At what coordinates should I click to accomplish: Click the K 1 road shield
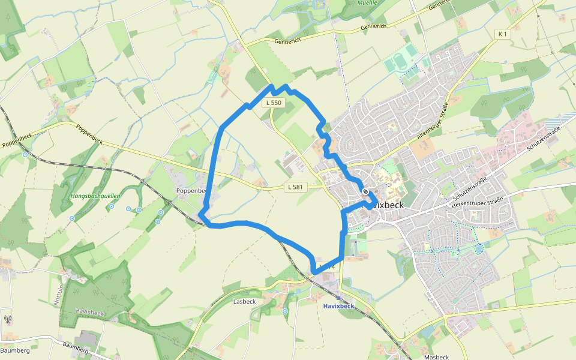click(502, 34)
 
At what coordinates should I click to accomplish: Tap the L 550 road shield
click(273, 103)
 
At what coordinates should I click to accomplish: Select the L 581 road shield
click(295, 187)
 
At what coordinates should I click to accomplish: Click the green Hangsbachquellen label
click(95, 196)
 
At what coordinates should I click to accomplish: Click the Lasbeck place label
click(244, 302)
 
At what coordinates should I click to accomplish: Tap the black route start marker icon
click(365, 191)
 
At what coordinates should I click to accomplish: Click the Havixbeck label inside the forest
click(91, 313)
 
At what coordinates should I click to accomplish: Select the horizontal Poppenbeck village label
click(191, 190)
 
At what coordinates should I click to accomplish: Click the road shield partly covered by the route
click(326, 266)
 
